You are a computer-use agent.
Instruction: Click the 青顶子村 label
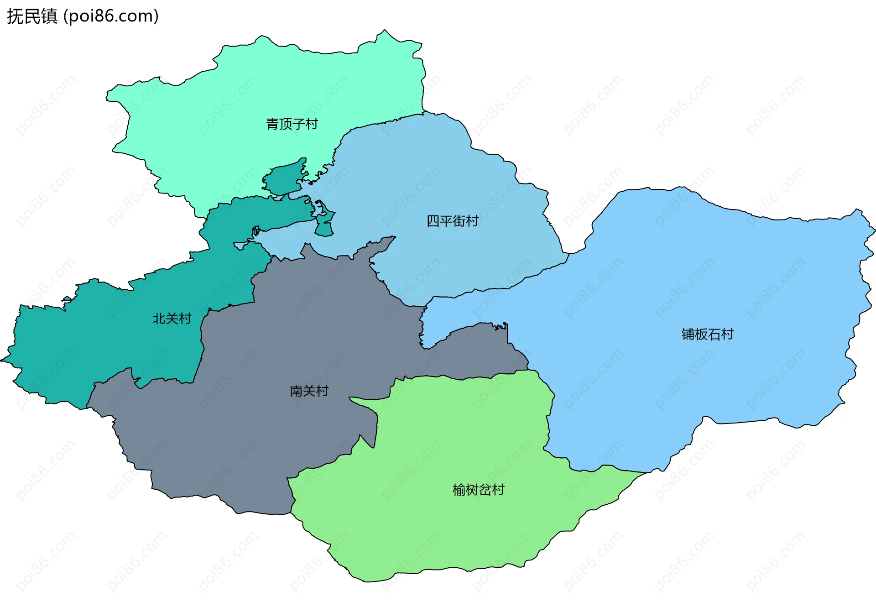(292, 124)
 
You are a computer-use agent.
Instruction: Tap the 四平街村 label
(452, 221)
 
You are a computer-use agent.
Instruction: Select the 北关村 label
(172, 319)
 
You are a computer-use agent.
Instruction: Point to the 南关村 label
(309, 391)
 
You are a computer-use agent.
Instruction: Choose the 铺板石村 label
(707, 334)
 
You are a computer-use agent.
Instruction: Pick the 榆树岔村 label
(478, 490)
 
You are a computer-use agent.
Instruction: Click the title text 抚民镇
(32, 16)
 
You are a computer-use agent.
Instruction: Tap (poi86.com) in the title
(111, 16)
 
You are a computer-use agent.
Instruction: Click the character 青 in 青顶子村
(272, 124)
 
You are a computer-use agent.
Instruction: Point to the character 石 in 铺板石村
(714, 334)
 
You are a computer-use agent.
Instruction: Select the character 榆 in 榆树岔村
(459, 490)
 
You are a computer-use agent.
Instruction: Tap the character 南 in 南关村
(296, 391)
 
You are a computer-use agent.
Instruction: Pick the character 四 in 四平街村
(433, 221)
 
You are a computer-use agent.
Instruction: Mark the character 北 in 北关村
(159, 319)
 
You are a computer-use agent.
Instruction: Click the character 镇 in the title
(49, 16)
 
